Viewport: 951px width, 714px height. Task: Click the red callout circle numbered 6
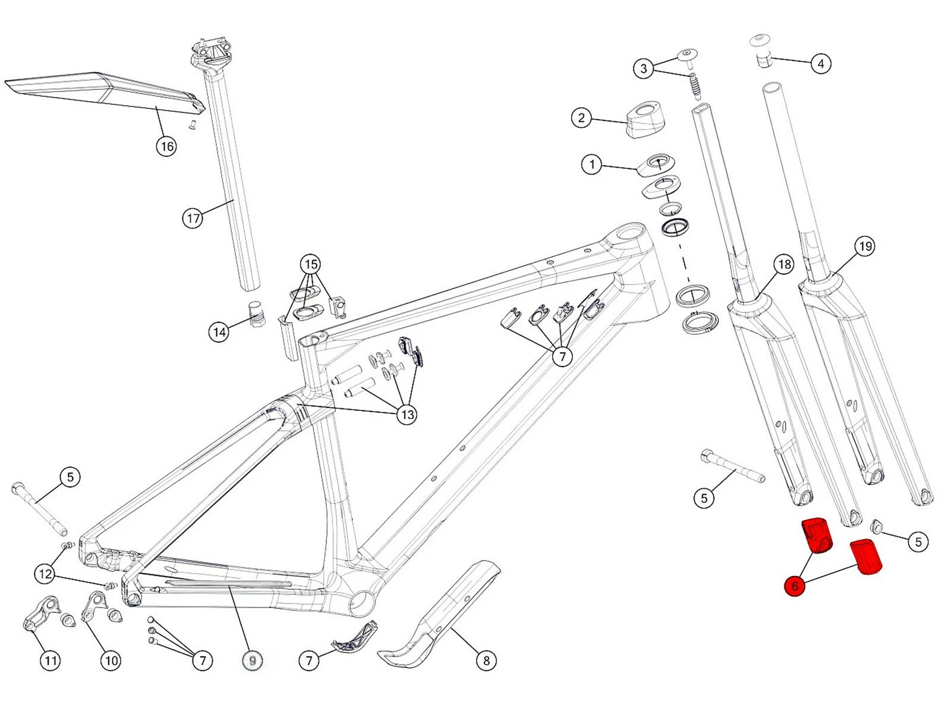point(794,586)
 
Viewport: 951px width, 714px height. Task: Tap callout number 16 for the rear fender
point(166,146)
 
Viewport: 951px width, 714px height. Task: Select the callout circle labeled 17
point(193,218)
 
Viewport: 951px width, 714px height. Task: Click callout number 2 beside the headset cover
point(581,117)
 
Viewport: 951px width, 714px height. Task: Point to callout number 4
point(821,63)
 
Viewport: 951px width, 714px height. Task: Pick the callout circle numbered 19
point(865,246)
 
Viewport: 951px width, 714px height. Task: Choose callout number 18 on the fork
point(784,264)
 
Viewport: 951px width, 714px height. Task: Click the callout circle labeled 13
point(407,414)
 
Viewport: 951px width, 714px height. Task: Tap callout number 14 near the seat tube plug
point(219,331)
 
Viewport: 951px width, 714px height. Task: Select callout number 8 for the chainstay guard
point(486,660)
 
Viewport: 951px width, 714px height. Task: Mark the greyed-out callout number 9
point(253,660)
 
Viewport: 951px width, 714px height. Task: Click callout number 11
point(50,660)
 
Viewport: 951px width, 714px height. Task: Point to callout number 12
point(45,574)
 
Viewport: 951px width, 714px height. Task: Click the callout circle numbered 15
point(310,264)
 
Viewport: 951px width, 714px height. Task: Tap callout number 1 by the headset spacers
point(591,164)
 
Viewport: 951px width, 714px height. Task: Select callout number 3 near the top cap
point(643,68)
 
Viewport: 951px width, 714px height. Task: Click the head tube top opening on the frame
point(630,231)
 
